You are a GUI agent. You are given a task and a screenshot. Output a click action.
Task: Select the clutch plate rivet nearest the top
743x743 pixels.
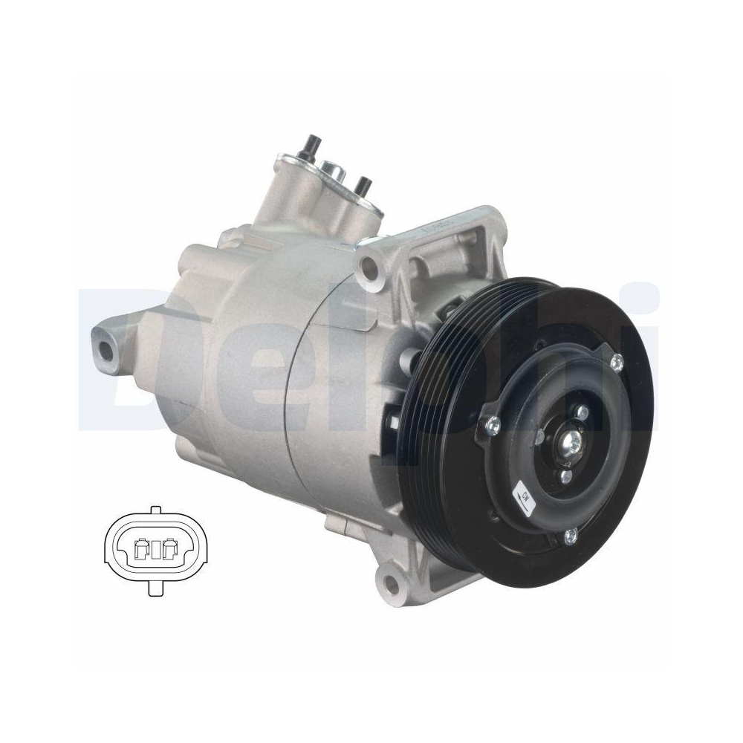pyautogui.click(x=616, y=362)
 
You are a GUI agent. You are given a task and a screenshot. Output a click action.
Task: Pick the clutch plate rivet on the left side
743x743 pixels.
pyautogui.click(x=493, y=424)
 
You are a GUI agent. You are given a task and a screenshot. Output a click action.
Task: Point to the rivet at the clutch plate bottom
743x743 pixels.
pyautogui.click(x=570, y=535)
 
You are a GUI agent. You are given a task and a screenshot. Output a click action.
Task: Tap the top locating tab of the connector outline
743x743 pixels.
pyautogui.click(x=155, y=511)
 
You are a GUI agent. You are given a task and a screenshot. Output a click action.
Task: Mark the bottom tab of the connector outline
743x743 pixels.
pyautogui.click(x=155, y=589)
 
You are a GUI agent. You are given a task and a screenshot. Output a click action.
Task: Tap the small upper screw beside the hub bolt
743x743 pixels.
pyautogui.click(x=583, y=412)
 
